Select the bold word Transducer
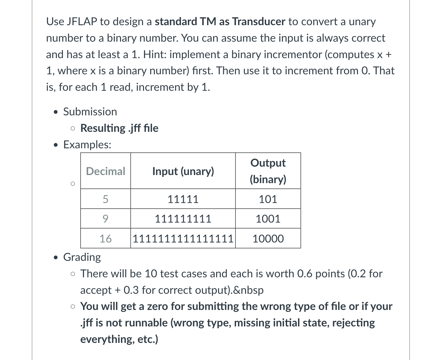[x=258, y=21]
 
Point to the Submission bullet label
[x=90, y=112]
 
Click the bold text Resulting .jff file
[x=119, y=128]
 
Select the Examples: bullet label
[x=87, y=145]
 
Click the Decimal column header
[x=105, y=171]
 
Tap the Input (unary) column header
[x=183, y=171]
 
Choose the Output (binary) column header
[x=268, y=171]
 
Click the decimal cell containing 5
[x=105, y=199]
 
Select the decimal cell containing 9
[x=105, y=219]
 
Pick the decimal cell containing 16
[x=105, y=239]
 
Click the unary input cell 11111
[x=183, y=199]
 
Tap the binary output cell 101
[x=268, y=199]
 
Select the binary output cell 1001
[x=268, y=219]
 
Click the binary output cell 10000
[x=268, y=239]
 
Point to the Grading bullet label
[x=82, y=257]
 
